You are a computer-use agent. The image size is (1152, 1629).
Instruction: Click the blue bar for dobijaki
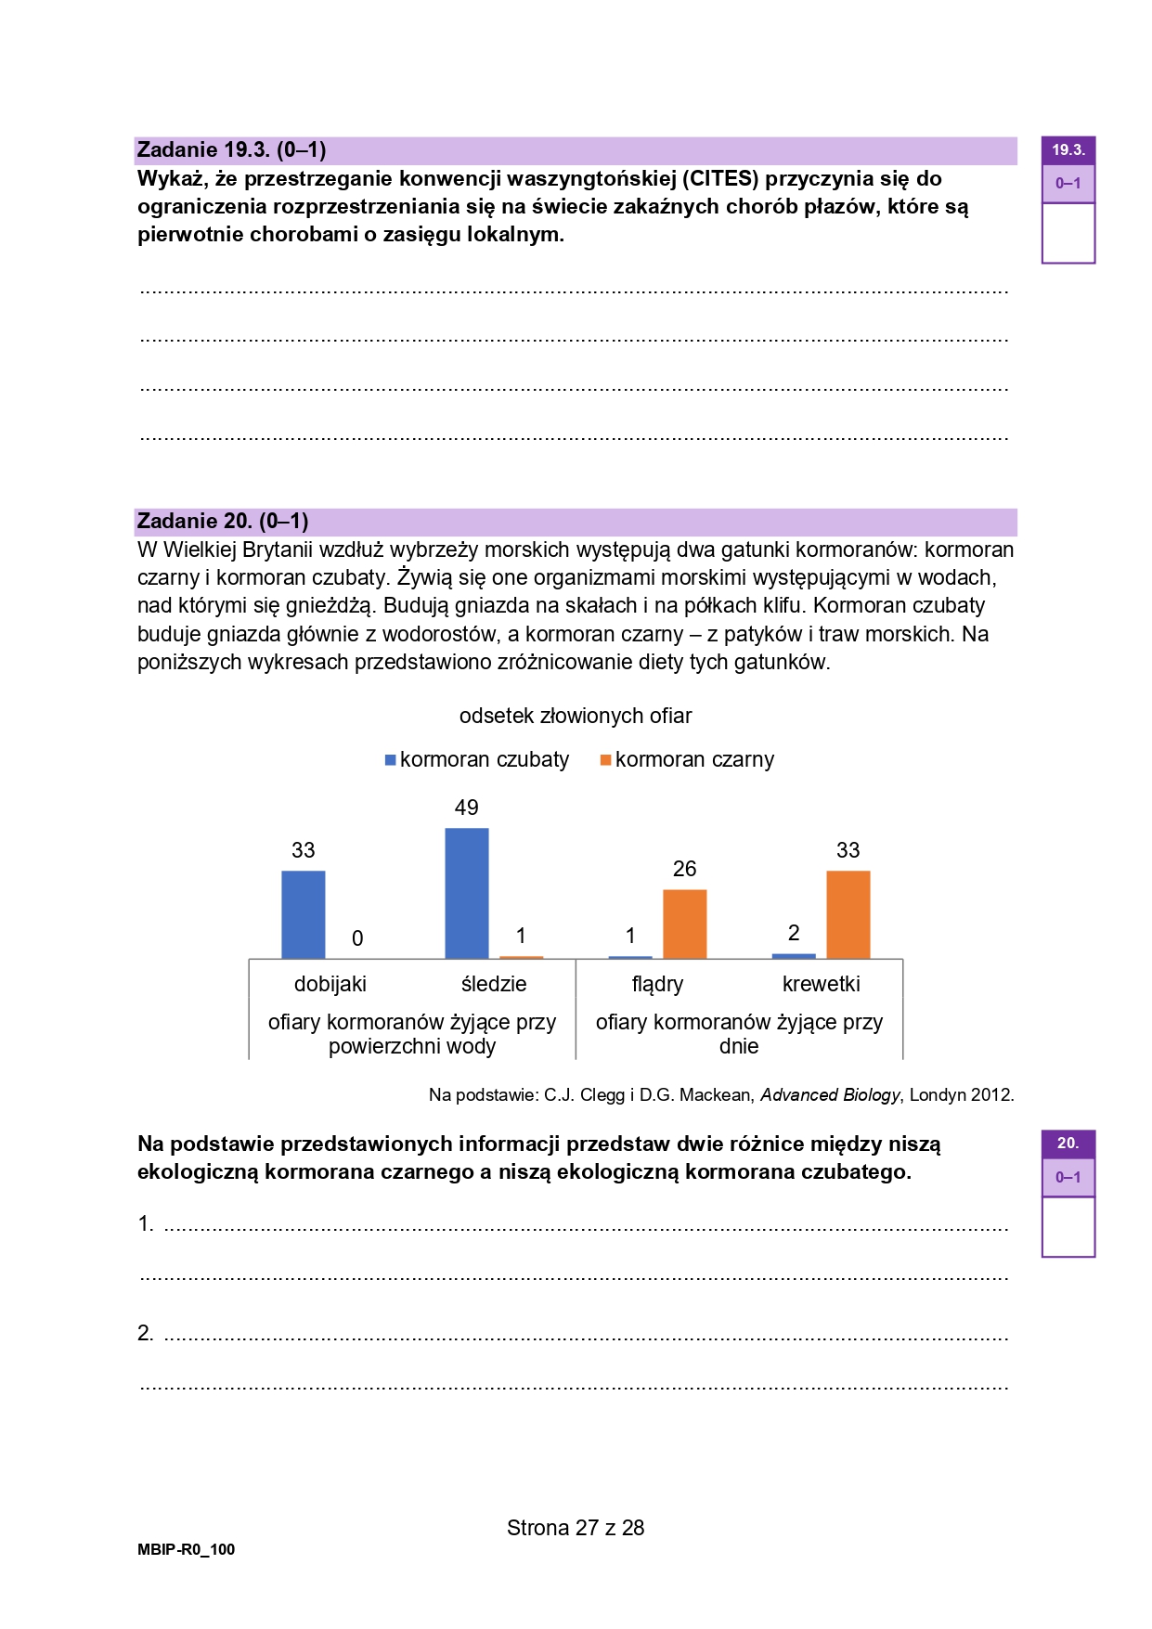pyautogui.click(x=304, y=914)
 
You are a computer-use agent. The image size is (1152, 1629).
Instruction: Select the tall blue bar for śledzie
pyautogui.click(x=467, y=893)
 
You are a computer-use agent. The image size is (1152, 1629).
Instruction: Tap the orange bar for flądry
pyautogui.click(x=685, y=924)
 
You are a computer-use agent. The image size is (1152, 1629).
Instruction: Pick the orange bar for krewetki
pyautogui.click(x=848, y=914)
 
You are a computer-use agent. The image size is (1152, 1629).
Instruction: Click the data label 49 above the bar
pyautogui.click(x=467, y=808)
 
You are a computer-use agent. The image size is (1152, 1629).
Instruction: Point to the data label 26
pyautogui.click(x=684, y=869)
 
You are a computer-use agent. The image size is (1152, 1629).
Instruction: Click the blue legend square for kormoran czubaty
pyautogui.click(x=391, y=760)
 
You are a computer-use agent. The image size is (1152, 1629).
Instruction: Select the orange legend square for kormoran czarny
pyautogui.click(x=606, y=760)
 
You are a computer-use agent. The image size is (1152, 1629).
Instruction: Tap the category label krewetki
pyautogui.click(x=821, y=984)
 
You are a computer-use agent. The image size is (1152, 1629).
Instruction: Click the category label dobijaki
pyautogui.click(x=330, y=984)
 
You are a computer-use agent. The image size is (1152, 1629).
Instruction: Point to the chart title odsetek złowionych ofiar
pyautogui.click(x=576, y=717)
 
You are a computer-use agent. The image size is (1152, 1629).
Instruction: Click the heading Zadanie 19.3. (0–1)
pyautogui.click(x=231, y=150)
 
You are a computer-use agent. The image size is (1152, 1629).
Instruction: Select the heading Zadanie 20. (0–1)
pyautogui.click(x=223, y=522)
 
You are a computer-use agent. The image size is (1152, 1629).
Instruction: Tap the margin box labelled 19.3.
pyautogui.click(x=1068, y=150)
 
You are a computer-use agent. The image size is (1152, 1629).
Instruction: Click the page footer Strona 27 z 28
pyautogui.click(x=576, y=1528)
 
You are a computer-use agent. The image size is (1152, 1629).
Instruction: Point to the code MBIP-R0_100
pyautogui.click(x=187, y=1549)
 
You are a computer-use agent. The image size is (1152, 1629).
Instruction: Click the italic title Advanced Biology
pyautogui.click(x=830, y=1095)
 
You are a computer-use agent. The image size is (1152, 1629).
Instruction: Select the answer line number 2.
pyautogui.click(x=146, y=1334)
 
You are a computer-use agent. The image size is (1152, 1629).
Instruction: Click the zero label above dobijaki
pyautogui.click(x=357, y=939)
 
